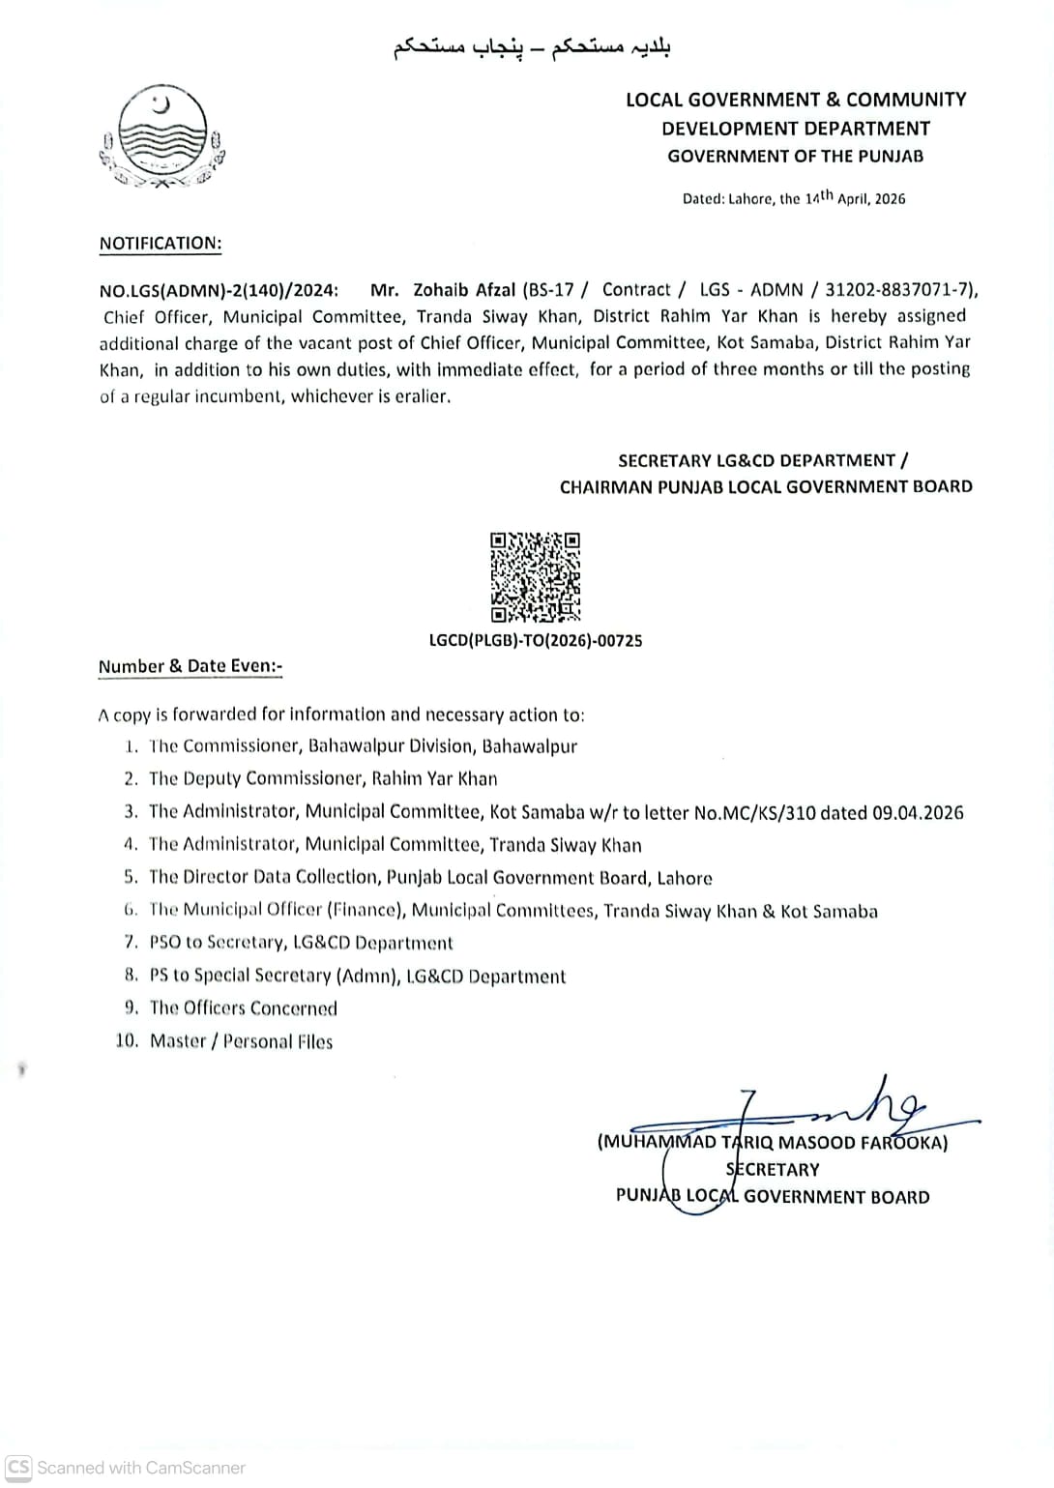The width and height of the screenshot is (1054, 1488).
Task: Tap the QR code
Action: click(x=535, y=577)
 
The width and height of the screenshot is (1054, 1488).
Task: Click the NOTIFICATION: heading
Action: click(x=160, y=244)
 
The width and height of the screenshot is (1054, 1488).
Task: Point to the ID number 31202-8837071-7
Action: click(x=899, y=290)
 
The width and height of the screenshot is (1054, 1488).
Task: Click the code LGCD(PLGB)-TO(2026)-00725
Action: click(x=535, y=641)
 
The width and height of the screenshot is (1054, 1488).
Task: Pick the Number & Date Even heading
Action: click(x=190, y=666)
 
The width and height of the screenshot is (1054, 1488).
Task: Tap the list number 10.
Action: click(x=127, y=1041)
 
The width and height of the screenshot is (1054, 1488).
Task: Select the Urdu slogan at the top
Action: click(x=532, y=48)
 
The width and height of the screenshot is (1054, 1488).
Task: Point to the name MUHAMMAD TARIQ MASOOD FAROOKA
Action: click(x=773, y=1143)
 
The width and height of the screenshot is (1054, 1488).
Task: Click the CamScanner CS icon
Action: click(x=18, y=1467)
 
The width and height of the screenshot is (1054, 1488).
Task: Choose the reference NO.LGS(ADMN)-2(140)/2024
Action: click(x=219, y=290)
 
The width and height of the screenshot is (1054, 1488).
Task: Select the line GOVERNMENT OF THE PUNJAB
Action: click(x=795, y=157)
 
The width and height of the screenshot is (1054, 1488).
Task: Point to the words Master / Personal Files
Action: click(x=241, y=1041)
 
